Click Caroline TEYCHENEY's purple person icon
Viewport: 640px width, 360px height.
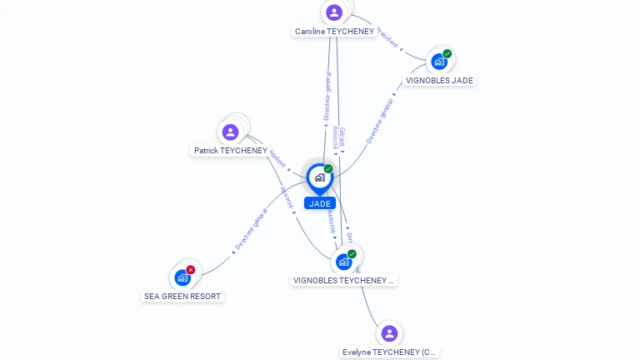click(334, 12)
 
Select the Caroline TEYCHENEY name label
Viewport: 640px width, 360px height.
click(334, 32)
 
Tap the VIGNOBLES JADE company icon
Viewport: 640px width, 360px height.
click(438, 62)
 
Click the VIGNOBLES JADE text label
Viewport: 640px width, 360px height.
click(439, 81)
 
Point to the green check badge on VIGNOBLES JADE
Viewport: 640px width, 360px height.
click(447, 54)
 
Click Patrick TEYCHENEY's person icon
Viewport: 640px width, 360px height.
click(231, 132)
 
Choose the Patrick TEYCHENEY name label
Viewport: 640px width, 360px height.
click(231, 151)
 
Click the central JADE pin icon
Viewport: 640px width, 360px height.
click(319, 177)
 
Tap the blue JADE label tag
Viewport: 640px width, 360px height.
click(320, 203)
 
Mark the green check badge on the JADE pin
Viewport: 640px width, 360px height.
click(328, 169)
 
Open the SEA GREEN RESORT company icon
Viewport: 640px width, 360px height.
click(182, 277)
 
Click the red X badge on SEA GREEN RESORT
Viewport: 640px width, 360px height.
click(191, 270)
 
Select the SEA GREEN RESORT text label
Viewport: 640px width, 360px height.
click(183, 296)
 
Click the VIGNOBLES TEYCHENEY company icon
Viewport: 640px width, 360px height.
click(343, 262)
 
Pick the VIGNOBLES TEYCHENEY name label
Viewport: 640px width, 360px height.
click(342, 281)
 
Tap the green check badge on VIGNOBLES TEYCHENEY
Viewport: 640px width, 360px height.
click(352, 254)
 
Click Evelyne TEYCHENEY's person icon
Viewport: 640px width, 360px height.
click(389, 333)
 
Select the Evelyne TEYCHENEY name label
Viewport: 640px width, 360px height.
click(390, 352)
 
